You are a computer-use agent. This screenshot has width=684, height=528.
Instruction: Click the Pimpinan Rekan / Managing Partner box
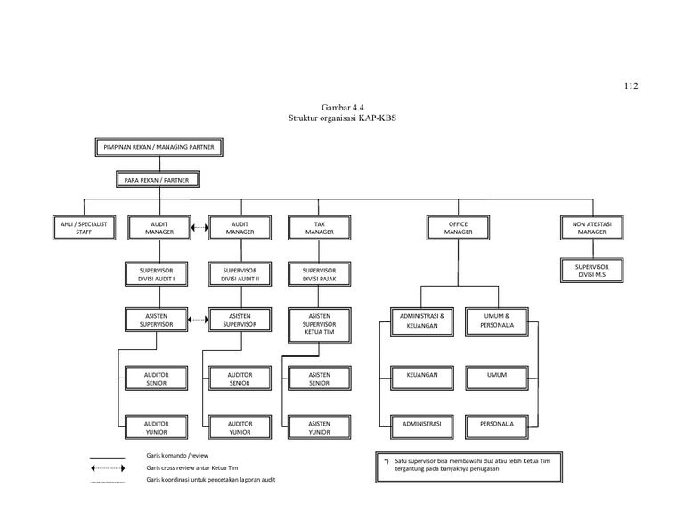click(159, 147)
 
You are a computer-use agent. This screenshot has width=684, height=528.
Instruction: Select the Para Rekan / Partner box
click(159, 180)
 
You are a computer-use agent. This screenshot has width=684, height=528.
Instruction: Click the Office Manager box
click(458, 228)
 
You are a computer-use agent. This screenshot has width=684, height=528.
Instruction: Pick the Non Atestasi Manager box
click(591, 228)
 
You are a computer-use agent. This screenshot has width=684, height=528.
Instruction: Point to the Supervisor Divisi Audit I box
click(156, 273)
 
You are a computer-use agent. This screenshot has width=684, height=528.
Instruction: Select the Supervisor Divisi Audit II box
click(240, 273)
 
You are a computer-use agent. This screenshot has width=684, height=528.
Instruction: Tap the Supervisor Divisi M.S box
click(591, 270)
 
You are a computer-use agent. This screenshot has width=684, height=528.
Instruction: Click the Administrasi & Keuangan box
click(422, 321)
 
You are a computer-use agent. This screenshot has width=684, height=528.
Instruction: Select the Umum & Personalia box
click(497, 321)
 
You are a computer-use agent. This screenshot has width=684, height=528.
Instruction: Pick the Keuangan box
click(422, 375)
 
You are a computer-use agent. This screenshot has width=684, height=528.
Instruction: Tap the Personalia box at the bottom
click(497, 424)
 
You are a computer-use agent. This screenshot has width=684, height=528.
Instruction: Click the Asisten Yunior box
click(320, 427)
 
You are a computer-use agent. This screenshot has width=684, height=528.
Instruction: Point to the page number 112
click(631, 86)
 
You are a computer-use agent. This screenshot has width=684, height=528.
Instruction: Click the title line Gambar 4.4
click(341, 108)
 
